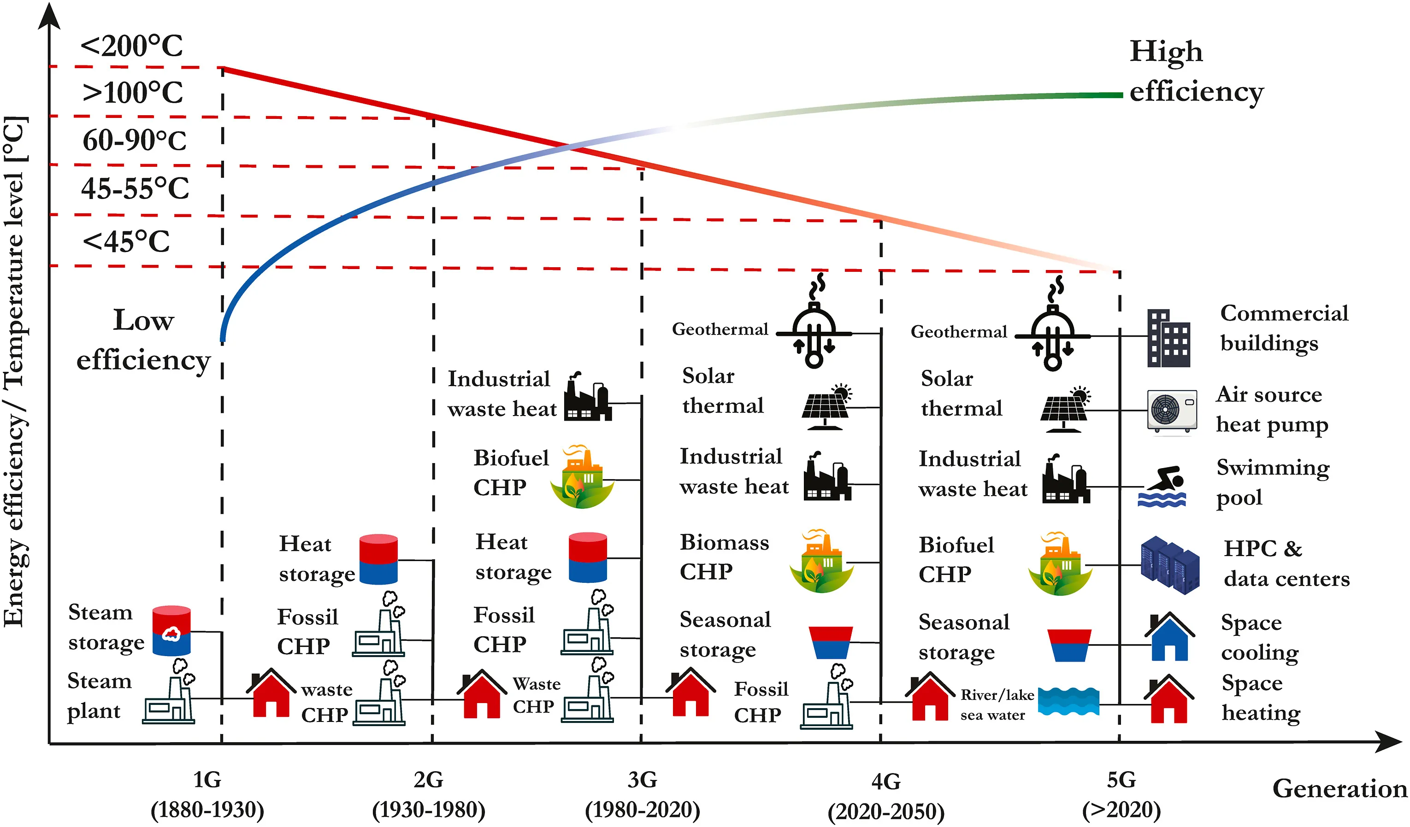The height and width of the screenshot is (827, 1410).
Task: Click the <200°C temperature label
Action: tap(131, 47)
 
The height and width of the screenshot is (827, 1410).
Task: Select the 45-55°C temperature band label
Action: tap(135, 188)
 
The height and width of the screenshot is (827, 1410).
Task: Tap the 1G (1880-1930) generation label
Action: tap(207, 795)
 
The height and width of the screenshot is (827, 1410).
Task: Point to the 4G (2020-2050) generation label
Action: tap(886, 796)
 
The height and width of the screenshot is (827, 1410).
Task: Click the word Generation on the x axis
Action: tap(1339, 788)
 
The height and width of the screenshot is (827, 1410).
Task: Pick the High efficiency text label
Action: tap(1196, 71)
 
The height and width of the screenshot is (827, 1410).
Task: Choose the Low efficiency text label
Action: tap(143, 340)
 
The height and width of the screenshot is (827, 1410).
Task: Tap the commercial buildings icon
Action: tap(1168, 338)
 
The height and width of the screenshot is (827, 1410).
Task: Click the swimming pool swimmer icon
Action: tap(1162, 487)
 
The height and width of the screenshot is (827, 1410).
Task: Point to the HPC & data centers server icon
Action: tap(1170, 565)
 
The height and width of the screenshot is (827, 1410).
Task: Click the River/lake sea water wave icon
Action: tap(1068, 702)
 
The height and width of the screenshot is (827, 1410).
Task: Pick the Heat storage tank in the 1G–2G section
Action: tap(378, 559)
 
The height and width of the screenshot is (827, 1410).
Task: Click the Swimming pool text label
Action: tap(1272, 482)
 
